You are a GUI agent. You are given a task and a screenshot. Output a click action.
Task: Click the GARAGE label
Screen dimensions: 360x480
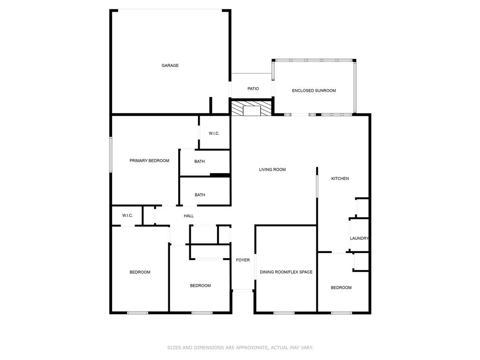coord(170,66)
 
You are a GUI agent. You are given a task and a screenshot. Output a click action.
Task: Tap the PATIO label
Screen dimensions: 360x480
coord(253,89)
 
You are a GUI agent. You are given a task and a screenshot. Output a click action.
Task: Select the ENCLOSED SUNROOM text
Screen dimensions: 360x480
coord(314,90)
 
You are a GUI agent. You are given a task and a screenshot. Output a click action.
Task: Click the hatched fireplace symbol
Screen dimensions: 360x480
coord(251,109)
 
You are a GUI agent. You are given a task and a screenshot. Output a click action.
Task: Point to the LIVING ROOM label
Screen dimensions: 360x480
coord(272,170)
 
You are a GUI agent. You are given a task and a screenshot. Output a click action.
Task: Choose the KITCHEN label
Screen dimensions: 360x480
coord(340,179)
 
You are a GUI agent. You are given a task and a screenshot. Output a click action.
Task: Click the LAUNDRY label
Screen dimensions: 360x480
coord(359,239)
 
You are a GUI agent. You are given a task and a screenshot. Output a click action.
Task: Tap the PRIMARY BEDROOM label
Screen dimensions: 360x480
coord(149,161)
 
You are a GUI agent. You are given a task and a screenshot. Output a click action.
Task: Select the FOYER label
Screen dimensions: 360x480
coord(243,260)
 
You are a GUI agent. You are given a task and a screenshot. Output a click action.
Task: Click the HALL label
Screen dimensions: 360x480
coord(188,216)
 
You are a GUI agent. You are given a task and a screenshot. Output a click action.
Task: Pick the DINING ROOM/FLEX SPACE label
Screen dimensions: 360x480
coord(286,272)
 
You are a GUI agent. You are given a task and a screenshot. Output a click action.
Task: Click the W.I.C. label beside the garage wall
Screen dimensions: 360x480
coord(214,134)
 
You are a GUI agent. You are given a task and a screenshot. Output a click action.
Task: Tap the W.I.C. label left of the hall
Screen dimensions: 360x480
coord(127,216)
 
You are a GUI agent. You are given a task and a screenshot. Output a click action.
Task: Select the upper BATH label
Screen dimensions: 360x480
coord(200,162)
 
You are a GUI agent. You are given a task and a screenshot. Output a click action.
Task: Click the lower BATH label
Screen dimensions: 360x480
coord(200,195)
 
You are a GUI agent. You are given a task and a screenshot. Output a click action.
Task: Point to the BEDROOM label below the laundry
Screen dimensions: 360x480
coord(341,288)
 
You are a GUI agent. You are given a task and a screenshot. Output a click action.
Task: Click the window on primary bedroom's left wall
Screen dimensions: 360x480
coord(111,154)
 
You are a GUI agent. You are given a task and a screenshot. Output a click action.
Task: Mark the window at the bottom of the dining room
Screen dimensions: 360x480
coord(284,313)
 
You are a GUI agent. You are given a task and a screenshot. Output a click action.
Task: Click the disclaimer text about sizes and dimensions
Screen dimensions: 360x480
coord(240,348)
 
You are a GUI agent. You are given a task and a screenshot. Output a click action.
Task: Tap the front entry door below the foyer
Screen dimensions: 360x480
coord(243,291)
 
